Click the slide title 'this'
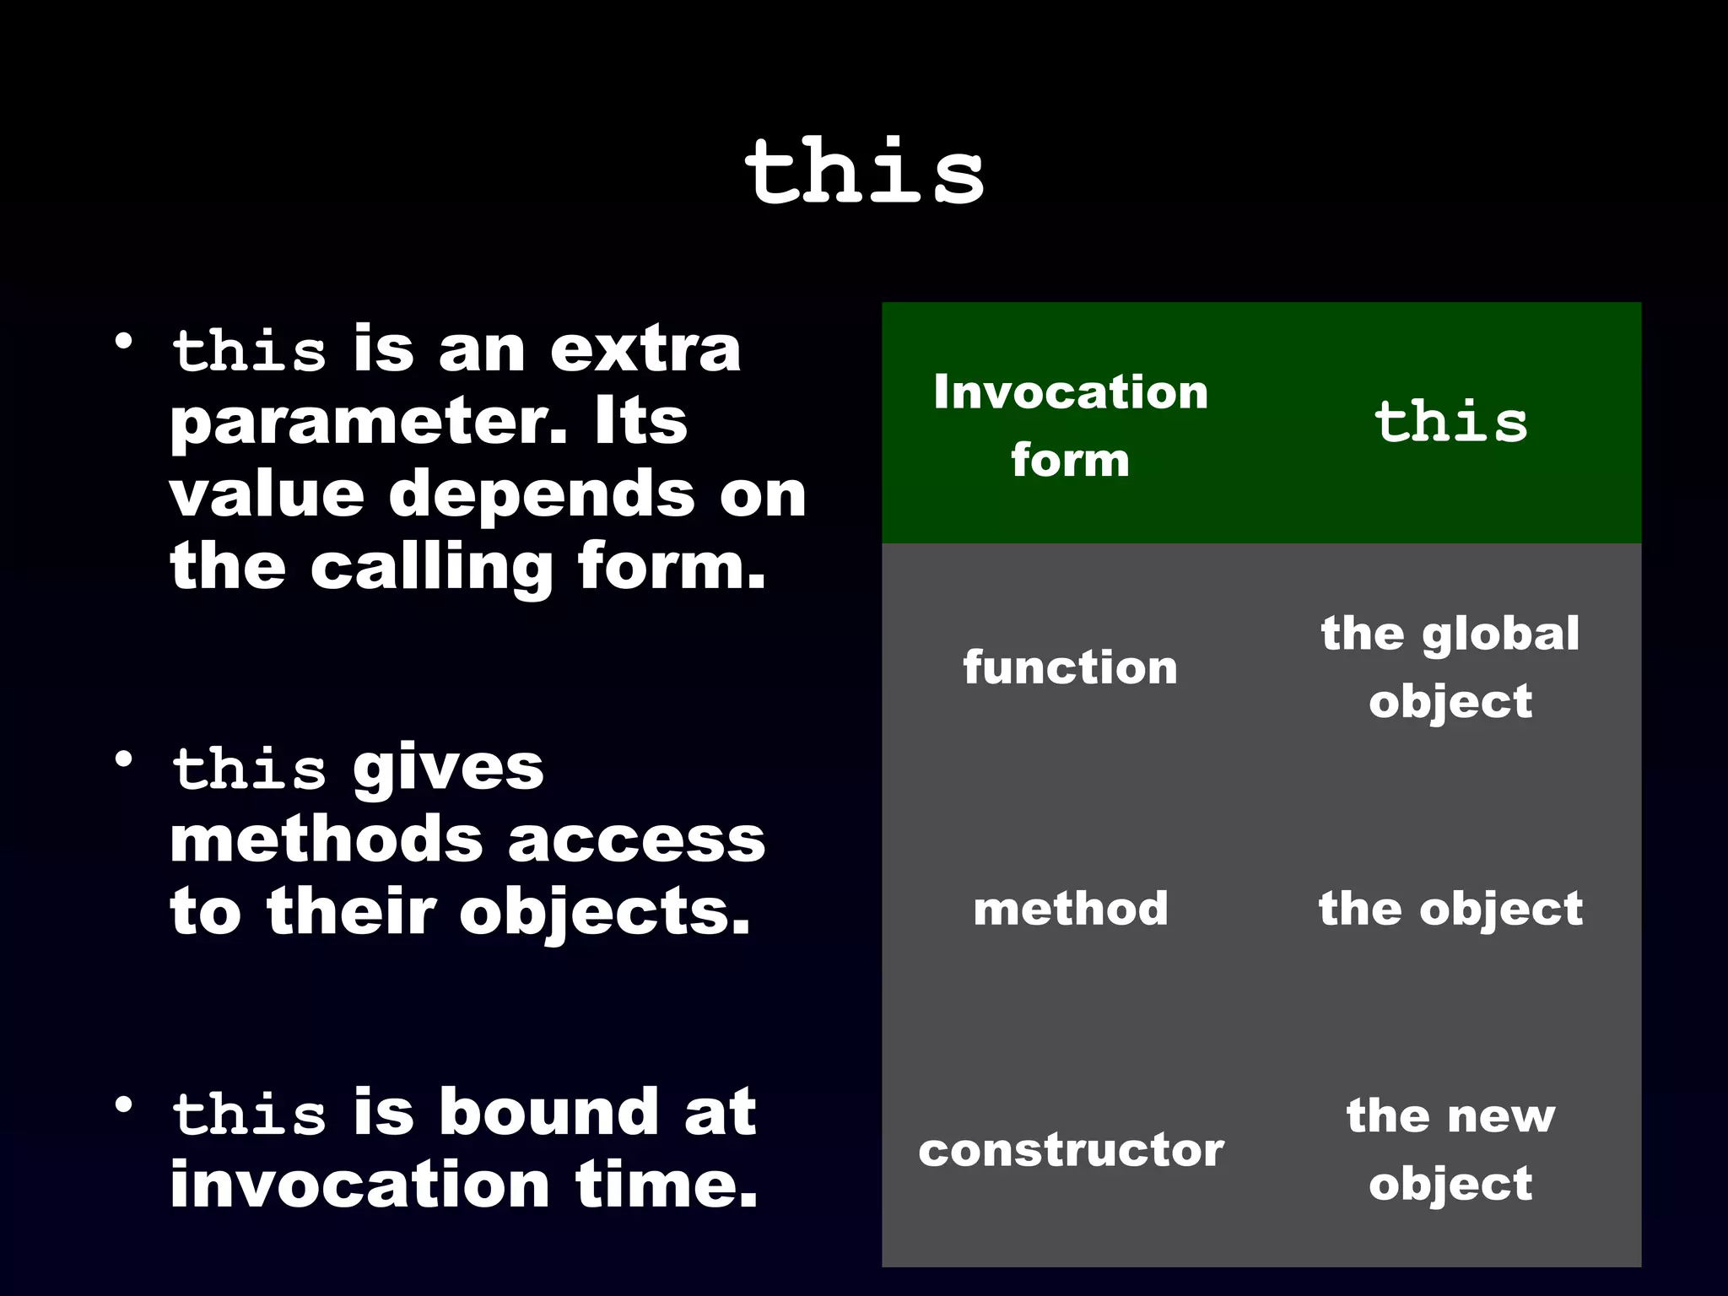pos(864,173)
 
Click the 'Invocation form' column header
pos(1070,425)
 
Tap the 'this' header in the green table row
pos(1450,422)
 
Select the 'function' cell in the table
pos(1070,667)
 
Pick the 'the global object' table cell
pos(1450,667)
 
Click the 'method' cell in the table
pos(1070,909)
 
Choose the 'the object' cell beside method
pos(1450,909)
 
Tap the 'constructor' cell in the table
pos(1070,1150)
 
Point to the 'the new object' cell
pos(1450,1150)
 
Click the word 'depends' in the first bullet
pos(541,494)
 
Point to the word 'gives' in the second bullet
pos(448,768)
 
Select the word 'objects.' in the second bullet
pos(604,912)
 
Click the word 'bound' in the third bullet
pos(548,1112)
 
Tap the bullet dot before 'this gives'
pos(124,759)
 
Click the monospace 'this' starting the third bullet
pos(249,1114)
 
